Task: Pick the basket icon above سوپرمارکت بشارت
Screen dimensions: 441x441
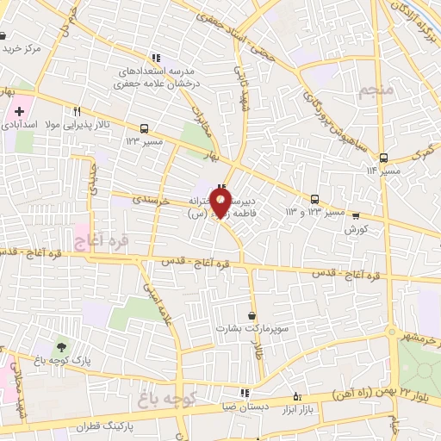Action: [251, 315]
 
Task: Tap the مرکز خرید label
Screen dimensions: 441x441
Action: [22, 48]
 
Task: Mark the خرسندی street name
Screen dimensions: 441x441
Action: [149, 199]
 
